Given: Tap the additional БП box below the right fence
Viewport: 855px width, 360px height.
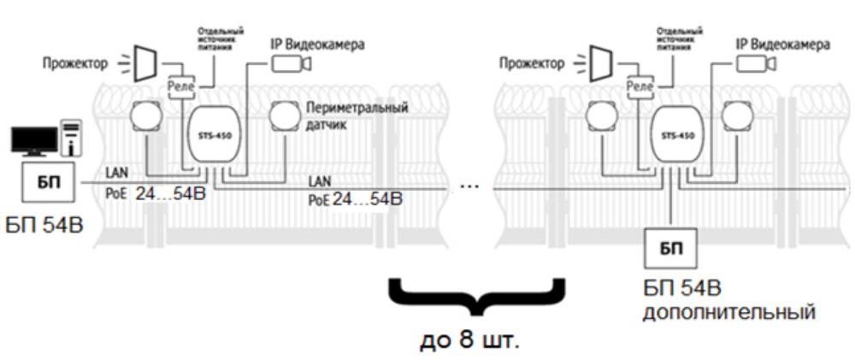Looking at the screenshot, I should pos(669,249).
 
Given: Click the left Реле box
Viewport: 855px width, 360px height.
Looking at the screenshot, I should pos(180,86).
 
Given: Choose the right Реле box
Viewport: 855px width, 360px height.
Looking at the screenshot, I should pos(640,86).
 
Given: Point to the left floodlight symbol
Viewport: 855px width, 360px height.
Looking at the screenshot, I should pos(142,61).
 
